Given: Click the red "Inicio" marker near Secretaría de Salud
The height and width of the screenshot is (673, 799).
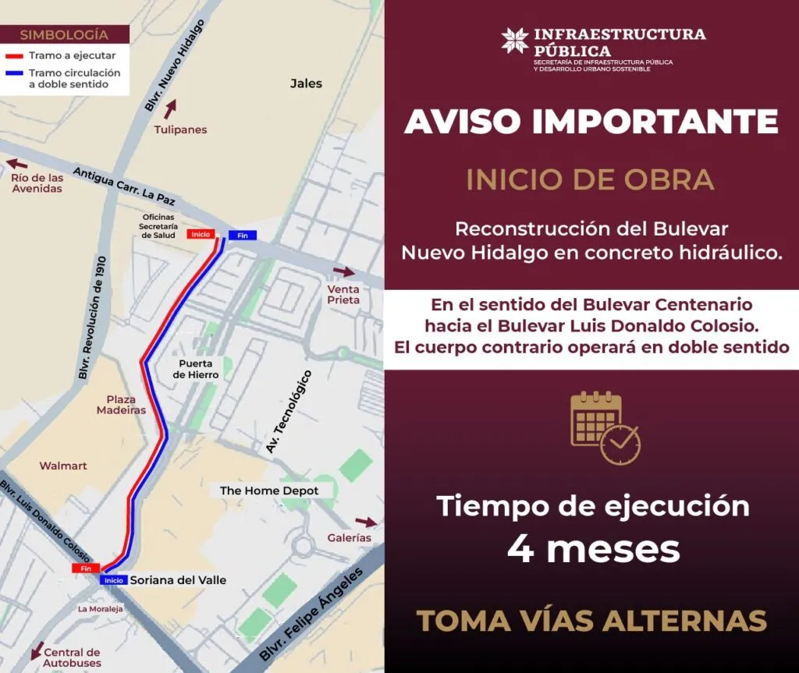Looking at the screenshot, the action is click(x=201, y=234).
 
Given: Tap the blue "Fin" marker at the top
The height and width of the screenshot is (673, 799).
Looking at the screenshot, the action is click(x=242, y=236).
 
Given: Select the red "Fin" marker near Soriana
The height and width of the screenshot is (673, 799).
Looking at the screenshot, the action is click(x=86, y=569).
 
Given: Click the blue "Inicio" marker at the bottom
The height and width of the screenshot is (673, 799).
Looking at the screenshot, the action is click(x=113, y=580).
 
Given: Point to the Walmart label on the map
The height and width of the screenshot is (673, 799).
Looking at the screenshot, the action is click(x=63, y=466).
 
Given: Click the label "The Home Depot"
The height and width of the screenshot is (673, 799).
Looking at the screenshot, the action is click(x=269, y=491).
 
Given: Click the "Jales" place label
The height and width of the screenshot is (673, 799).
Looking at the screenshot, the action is click(x=306, y=83).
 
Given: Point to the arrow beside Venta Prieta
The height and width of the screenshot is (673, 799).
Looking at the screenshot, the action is click(x=343, y=272).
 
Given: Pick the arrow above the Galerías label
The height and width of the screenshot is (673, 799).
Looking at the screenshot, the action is click(x=365, y=522).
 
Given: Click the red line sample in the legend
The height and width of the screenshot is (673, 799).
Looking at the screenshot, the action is click(x=16, y=56).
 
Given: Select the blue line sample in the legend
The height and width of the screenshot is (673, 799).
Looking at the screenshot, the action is click(x=16, y=73).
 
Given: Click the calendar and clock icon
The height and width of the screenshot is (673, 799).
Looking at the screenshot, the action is click(x=605, y=428).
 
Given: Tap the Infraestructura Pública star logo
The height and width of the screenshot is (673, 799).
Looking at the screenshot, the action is click(x=514, y=41).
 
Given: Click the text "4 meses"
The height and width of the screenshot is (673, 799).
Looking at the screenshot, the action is click(x=593, y=549).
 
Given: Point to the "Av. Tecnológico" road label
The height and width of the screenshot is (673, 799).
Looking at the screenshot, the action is click(x=288, y=412).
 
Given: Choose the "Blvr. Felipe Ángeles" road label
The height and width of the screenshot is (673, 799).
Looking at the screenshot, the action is click(x=312, y=615).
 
